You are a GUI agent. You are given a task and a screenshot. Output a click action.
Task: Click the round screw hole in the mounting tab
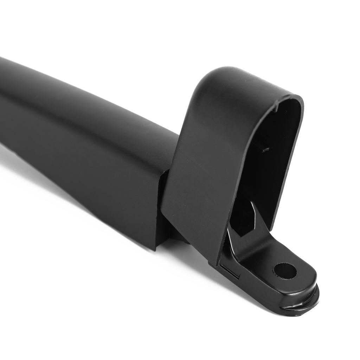(285, 271)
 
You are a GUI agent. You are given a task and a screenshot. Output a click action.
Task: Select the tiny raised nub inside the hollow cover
(265, 149)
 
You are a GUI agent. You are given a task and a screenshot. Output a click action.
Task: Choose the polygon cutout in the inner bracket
(244, 218)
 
